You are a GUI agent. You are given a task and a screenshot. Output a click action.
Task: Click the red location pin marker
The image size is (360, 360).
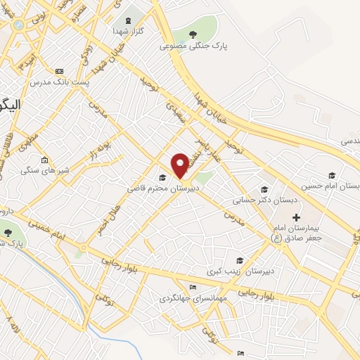tap(181, 165)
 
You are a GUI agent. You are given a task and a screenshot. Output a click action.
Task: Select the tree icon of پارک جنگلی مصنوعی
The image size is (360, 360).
tap(193, 32)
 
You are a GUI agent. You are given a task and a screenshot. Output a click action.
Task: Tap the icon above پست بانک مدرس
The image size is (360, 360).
tap(58, 71)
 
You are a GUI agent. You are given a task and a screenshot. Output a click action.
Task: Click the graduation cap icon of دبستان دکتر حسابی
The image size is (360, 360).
tap(264, 188)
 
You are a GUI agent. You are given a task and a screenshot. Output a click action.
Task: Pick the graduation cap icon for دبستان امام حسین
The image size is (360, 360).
tap(331, 175)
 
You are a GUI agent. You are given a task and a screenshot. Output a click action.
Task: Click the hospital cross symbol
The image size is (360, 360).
tap(296, 217)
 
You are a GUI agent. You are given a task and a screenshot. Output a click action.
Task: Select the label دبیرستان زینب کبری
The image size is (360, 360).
tap(251, 271)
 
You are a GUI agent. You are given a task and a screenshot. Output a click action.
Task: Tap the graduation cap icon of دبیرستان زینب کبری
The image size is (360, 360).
tap(240, 260)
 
